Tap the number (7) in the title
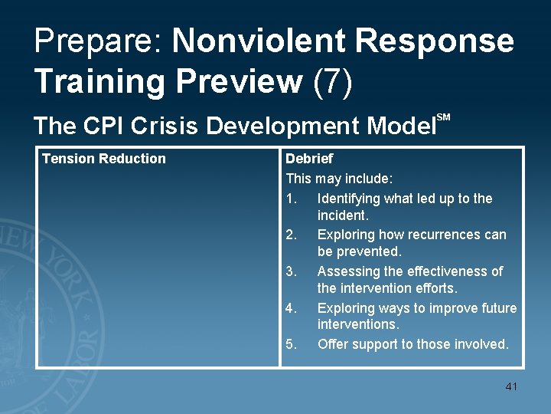[333, 80]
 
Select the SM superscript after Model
[443, 117]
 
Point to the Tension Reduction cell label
[103, 159]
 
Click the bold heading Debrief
[309, 159]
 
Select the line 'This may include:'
[339, 179]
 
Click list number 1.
[291, 199]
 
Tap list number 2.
[291, 235]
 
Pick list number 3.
[291, 271]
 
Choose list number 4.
[291, 308]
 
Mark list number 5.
[291, 344]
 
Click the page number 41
[511, 386]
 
